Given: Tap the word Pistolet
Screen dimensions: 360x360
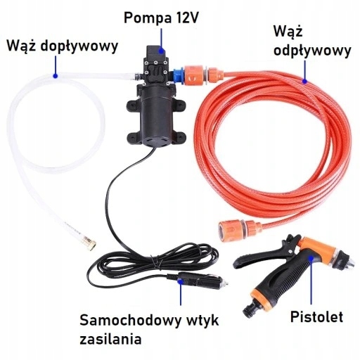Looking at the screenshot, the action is tap(316, 316).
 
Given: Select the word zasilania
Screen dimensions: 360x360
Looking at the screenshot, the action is tap(110, 339).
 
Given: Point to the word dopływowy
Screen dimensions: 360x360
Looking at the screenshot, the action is tap(79, 46).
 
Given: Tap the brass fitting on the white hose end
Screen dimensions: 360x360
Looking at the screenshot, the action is tap(89, 243).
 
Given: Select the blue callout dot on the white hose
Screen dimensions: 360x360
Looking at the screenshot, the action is tap(56, 76).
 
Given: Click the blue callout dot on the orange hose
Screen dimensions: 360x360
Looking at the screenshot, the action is tap(304, 82).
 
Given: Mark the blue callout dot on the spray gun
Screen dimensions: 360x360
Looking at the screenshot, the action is tap(311, 258).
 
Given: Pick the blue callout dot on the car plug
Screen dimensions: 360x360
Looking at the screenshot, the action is tap(180, 281).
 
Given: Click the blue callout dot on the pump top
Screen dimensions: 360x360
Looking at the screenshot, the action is tap(161, 51).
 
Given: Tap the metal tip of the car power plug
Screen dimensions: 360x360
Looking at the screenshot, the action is tap(224, 284).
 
